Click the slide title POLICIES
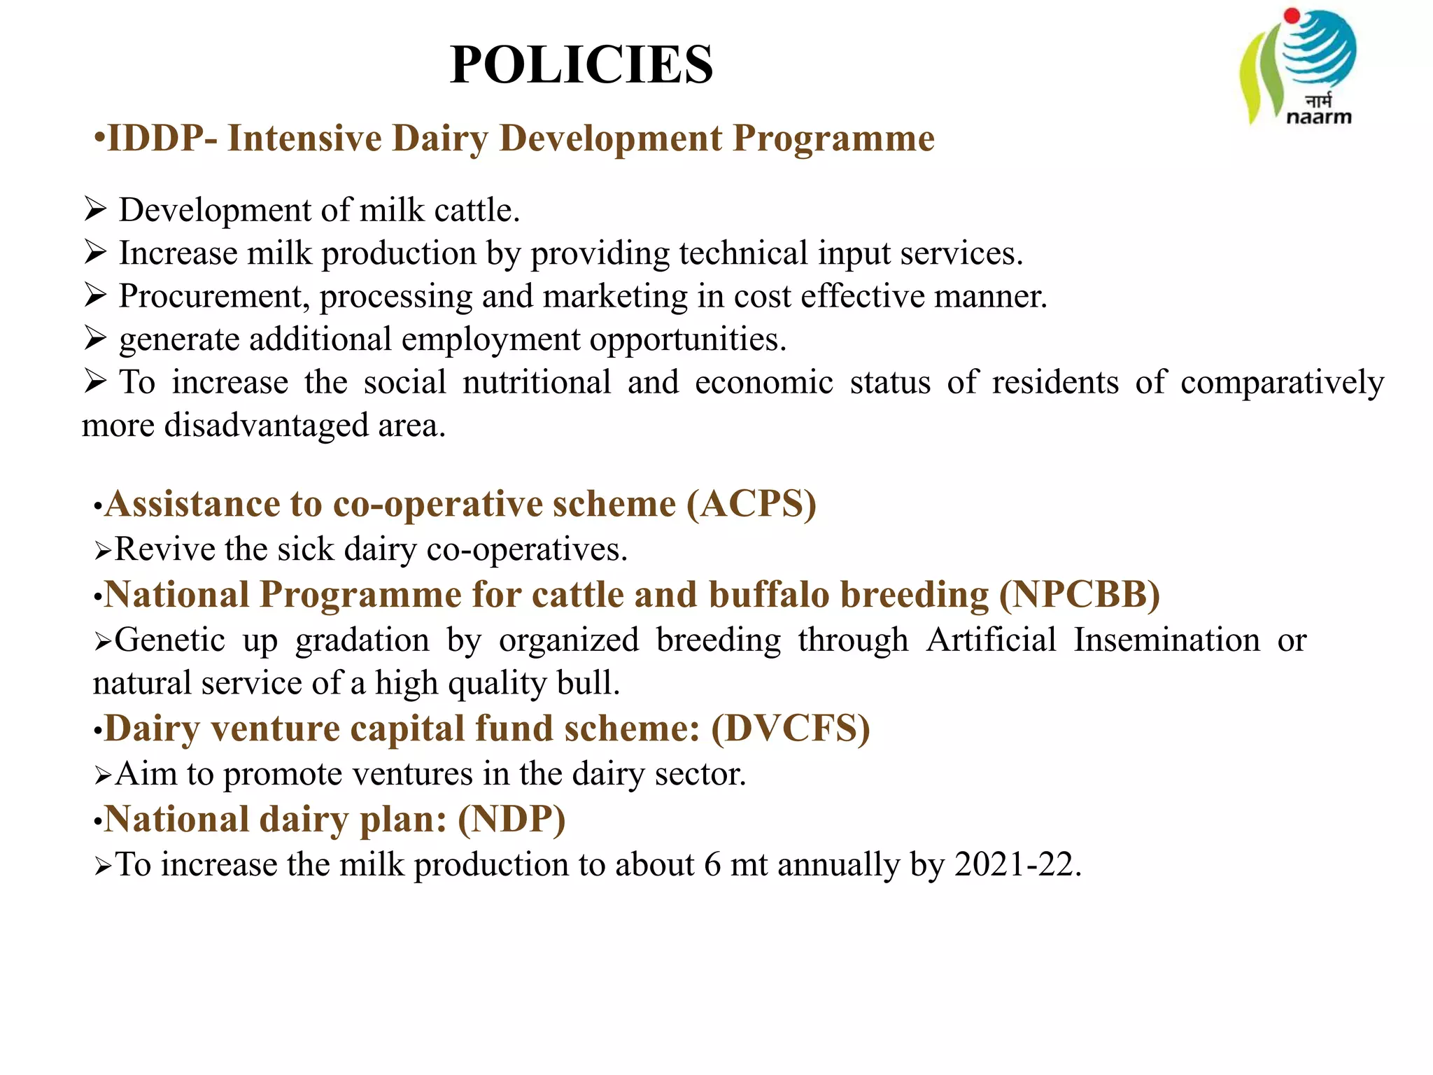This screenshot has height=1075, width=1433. point(581,64)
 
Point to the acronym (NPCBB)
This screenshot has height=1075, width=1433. point(1080,595)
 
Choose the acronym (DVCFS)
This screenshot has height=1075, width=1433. point(791,729)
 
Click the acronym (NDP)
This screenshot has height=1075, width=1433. point(511,820)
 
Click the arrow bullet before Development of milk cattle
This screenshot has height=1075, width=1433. point(95,209)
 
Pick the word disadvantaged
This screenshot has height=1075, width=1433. point(267,426)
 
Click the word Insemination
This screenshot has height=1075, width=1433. point(1166,640)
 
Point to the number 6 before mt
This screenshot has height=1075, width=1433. point(712,864)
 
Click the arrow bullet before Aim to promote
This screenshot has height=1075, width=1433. point(103,775)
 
